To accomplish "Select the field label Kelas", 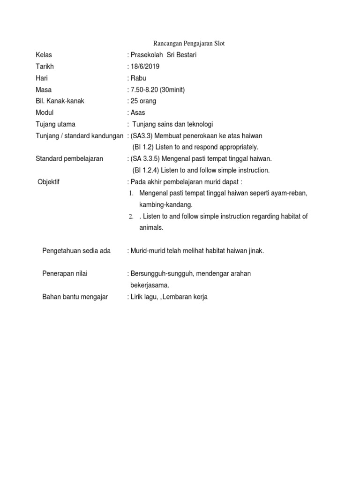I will pos(44,55).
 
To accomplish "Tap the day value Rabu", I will pos(139,78).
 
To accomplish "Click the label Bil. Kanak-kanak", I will pos(60,101).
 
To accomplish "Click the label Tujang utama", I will pos(55,124).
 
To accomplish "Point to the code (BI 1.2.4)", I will pos(149,170).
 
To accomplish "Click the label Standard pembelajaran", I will pos(69,159).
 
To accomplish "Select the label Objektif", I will pos(48,182).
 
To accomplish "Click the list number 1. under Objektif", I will pos(132,194).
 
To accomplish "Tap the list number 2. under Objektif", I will pos(132,217).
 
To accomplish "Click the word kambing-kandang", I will pos(166,205).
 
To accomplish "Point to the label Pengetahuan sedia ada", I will pos(76,251).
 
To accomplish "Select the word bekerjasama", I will pos(150,285).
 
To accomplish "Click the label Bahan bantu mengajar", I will pos(75,297).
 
